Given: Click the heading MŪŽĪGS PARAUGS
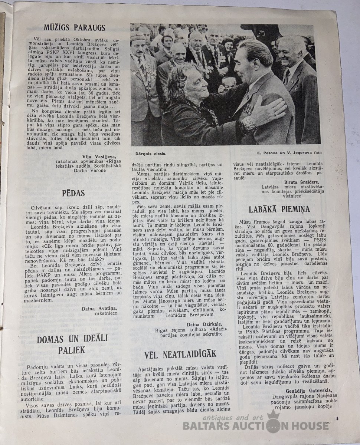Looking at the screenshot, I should (x=75, y=28).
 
